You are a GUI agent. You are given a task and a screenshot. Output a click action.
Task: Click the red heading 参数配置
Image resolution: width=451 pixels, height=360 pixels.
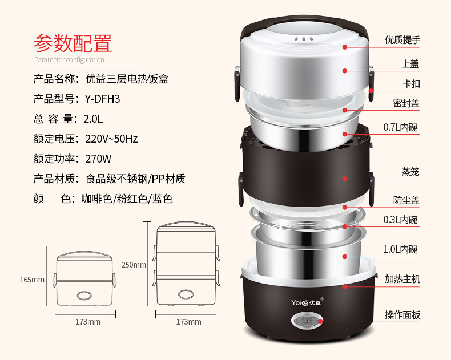pos(73,43)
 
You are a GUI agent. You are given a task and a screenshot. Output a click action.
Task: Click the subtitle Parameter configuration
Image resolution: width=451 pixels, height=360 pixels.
pos(69,60)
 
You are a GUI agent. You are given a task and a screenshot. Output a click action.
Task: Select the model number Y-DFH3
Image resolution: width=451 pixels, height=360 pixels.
pos(102,99)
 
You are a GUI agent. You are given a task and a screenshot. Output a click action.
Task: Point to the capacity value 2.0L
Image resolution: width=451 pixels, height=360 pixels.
pos(93,119)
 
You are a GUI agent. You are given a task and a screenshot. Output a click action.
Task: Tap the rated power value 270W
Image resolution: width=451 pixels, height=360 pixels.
pos(98,159)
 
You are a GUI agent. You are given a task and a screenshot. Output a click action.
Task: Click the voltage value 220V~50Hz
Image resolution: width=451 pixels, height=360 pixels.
pos(111,139)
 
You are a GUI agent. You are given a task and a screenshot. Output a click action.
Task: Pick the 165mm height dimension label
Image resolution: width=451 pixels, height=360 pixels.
pos(32,280)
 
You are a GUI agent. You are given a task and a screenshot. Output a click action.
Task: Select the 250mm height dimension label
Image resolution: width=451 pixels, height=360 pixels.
pos(134,265)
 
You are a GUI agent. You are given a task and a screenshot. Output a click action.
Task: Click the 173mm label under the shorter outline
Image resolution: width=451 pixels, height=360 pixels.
pos(88,322)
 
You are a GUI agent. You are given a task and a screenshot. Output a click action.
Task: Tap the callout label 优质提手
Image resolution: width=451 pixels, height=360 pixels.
pos(402,40)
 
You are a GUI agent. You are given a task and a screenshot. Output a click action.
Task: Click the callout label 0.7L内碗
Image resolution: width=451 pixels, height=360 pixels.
pos(400,127)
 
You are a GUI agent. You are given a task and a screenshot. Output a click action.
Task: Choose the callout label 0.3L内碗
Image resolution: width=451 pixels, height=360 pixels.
pos(400,220)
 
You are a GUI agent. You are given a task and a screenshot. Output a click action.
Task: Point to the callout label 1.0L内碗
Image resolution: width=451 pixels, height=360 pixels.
pos(400,249)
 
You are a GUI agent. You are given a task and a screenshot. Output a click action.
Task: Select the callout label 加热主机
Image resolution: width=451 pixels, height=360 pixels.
pos(402,279)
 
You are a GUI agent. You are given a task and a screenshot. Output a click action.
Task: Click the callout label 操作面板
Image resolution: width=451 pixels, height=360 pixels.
pos(402,315)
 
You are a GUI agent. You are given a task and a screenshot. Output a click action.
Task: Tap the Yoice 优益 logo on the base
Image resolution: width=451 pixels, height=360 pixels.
pos(308,302)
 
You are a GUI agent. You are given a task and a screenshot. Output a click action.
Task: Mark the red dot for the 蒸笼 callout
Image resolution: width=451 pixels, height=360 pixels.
pos(345,179)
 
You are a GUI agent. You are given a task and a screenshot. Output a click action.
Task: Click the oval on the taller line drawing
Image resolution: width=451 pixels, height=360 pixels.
pos(186,294)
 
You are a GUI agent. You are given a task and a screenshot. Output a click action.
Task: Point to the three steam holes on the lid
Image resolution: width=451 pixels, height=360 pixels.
pos(304,39)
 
